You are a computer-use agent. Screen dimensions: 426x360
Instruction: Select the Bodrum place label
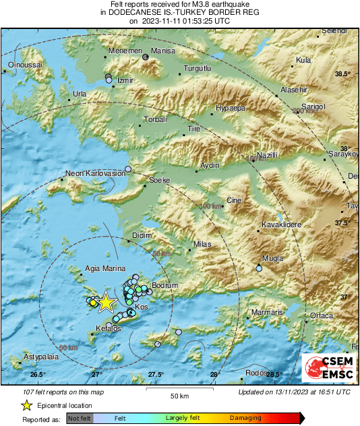165,286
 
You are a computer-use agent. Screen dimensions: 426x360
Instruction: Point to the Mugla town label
272,258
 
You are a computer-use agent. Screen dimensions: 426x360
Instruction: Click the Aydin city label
211,165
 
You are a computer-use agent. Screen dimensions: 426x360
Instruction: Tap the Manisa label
162,51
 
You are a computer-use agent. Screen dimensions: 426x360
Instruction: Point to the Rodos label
256,373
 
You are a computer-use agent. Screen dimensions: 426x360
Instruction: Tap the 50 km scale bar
178,390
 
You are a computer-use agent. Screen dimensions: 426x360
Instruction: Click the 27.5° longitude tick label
156,375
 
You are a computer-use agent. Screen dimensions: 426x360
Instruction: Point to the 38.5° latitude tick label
344,73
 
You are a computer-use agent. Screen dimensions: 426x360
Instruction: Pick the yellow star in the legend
26,405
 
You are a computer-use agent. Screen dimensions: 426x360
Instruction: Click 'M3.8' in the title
156,5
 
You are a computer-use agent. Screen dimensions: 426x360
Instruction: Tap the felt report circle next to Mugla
259,269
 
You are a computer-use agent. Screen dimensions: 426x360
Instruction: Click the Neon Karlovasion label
95,173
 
